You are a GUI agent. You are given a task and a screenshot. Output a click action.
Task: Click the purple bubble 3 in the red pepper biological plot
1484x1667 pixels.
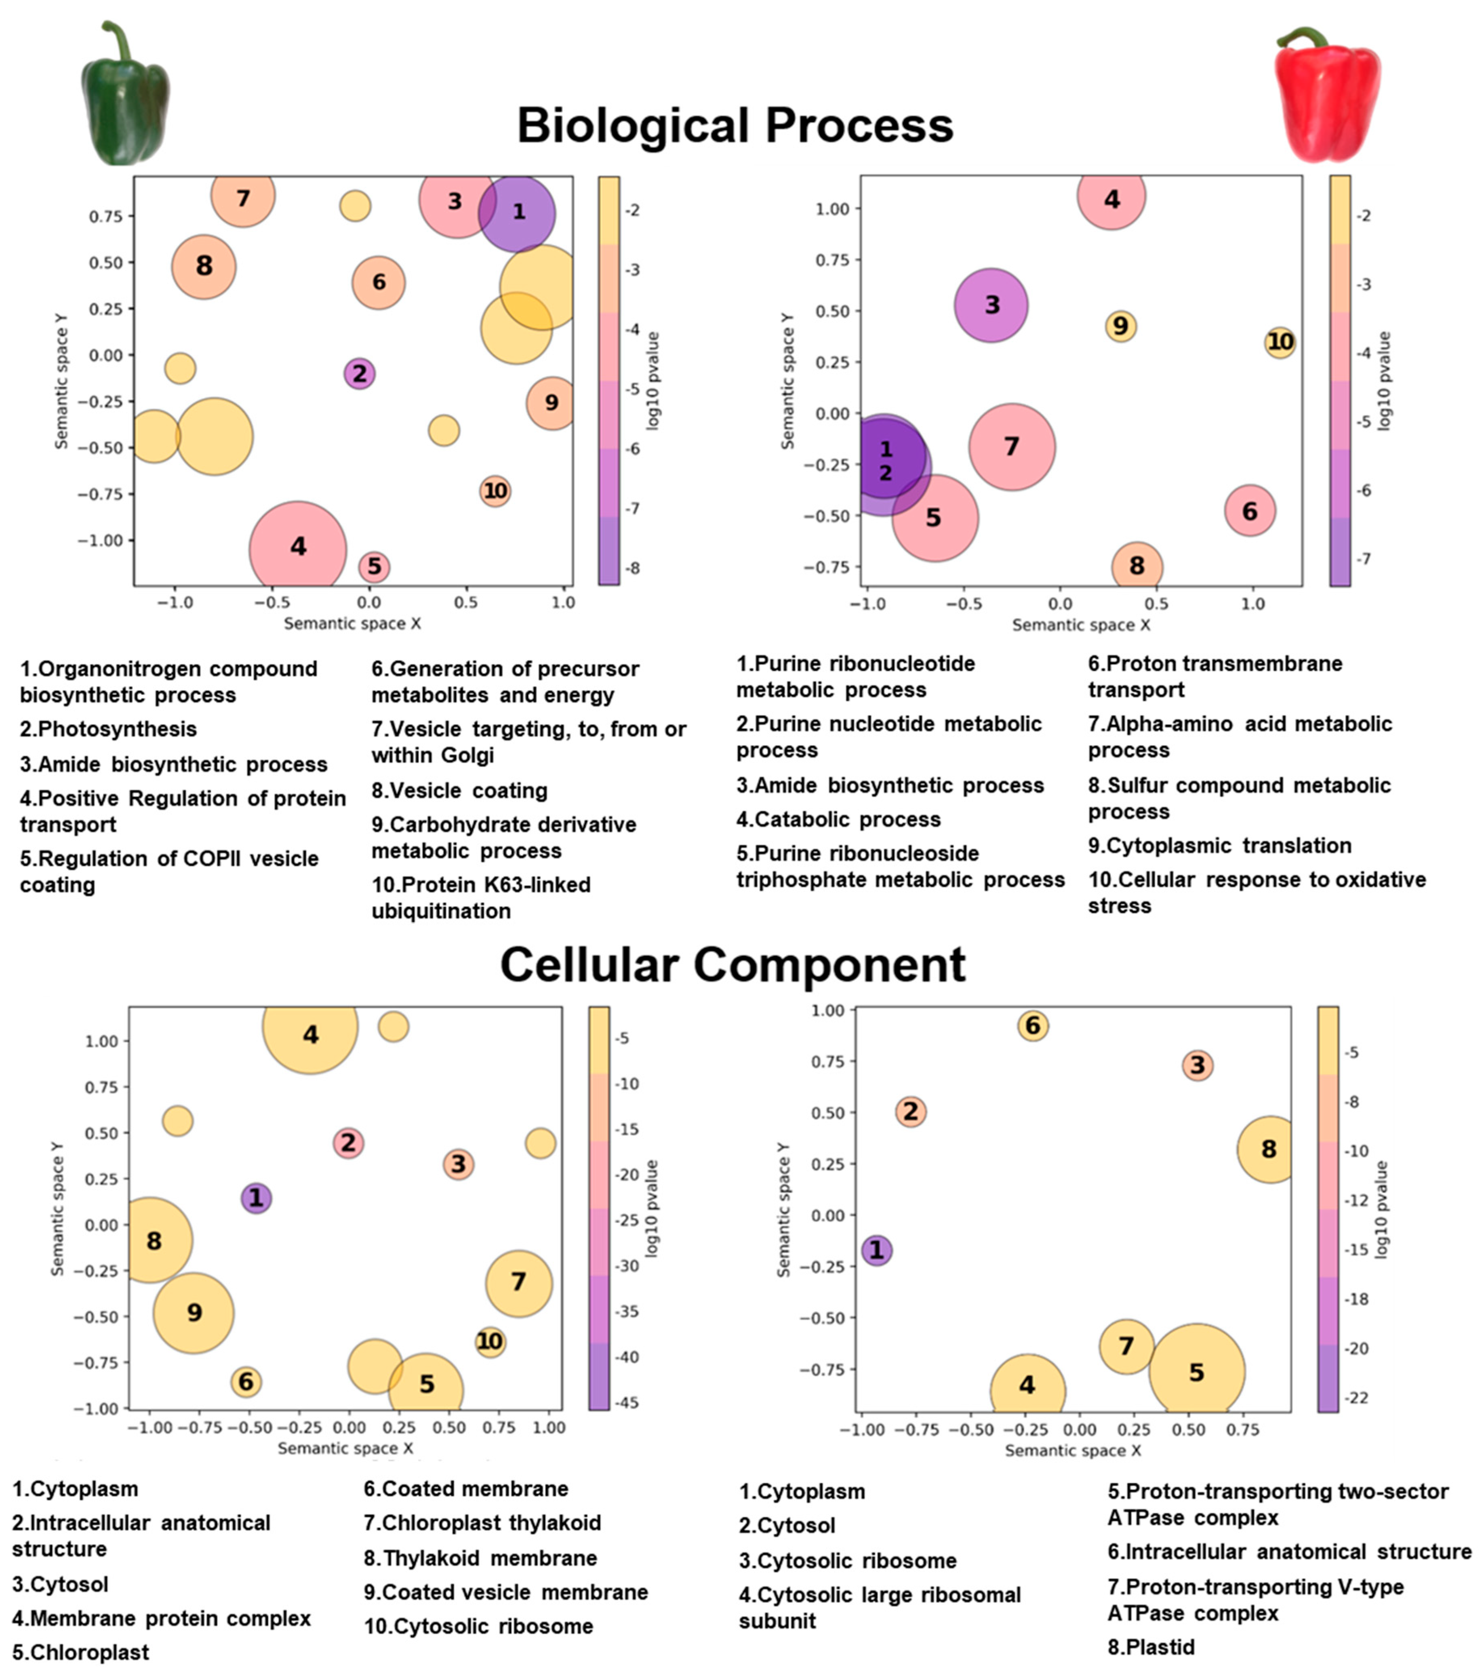click(991, 305)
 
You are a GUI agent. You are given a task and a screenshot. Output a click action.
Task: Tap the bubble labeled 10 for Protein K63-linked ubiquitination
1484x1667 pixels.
click(495, 491)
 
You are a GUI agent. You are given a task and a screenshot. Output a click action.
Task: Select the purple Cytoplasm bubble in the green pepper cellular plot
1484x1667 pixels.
click(256, 1198)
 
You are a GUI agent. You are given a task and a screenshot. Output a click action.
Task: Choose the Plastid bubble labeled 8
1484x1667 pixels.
click(1268, 1149)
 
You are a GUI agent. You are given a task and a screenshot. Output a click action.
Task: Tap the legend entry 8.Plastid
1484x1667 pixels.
click(1151, 1647)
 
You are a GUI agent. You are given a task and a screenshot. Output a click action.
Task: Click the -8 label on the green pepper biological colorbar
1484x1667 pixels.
click(632, 568)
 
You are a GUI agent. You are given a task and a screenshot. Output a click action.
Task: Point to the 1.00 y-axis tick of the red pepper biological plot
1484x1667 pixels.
click(833, 209)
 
